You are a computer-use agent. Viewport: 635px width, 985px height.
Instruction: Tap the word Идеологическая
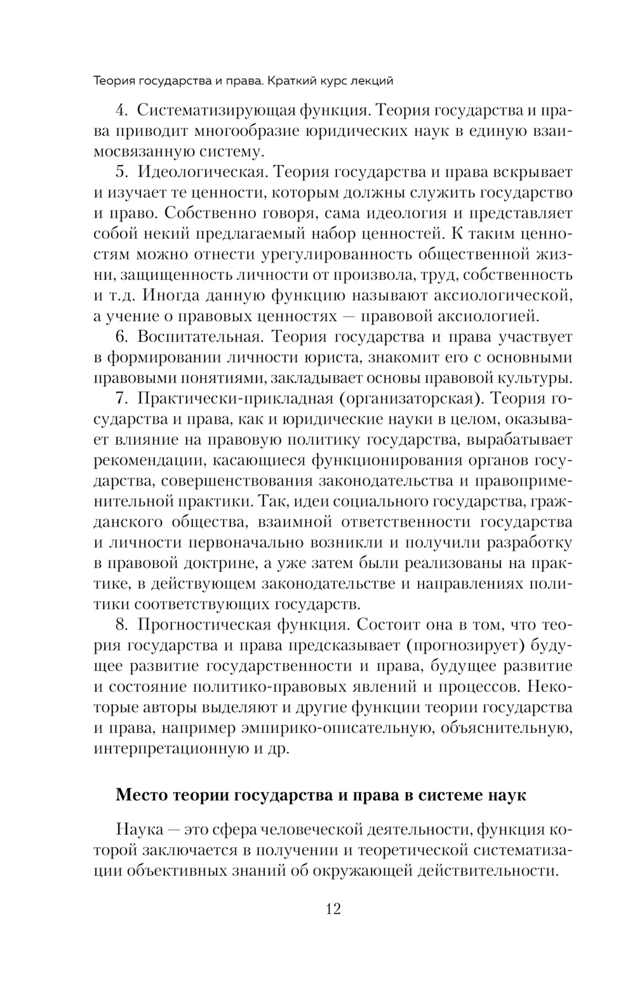coord(201,172)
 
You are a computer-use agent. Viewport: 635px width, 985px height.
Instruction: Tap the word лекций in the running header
coord(372,81)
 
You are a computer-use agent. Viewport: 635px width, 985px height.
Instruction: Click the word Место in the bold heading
coord(141,795)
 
